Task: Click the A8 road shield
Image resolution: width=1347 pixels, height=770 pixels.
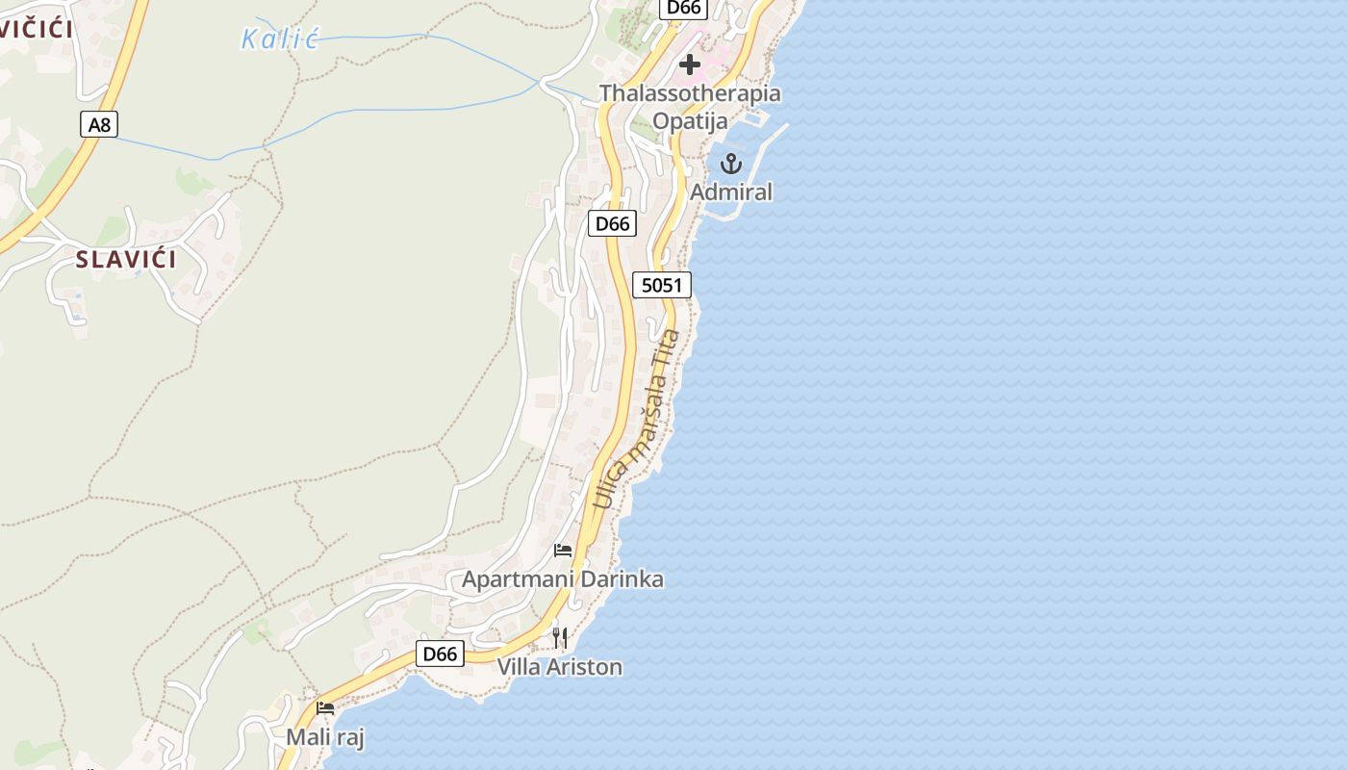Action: (97, 124)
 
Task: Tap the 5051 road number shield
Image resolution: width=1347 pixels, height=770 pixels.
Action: (662, 285)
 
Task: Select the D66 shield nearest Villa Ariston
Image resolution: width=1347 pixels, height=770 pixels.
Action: (440, 654)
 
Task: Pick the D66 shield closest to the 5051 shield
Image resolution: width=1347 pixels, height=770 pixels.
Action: (612, 224)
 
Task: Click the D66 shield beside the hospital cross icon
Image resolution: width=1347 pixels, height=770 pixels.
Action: (684, 8)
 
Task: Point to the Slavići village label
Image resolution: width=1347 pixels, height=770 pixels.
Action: (126, 259)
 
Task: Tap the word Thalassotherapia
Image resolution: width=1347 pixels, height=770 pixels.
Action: (690, 93)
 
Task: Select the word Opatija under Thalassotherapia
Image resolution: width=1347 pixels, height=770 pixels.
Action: (690, 120)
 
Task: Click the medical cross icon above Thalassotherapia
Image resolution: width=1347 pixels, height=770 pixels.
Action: (690, 64)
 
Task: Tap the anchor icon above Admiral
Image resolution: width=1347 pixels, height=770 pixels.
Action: (731, 164)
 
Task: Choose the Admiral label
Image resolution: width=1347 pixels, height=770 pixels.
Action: (731, 192)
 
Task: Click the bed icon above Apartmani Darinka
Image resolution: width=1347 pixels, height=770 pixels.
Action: (563, 551)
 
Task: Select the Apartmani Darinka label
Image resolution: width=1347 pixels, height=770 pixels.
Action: (563, 579)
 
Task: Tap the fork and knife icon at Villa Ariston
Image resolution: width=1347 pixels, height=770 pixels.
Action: (560, 637)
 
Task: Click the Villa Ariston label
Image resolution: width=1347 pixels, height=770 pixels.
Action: (560, 667)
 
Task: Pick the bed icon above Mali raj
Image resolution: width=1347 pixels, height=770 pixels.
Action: (325, 708)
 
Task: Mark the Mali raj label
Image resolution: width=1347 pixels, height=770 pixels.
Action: (325, 737)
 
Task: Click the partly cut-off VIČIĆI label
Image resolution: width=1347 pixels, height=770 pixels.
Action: (36, 28)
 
